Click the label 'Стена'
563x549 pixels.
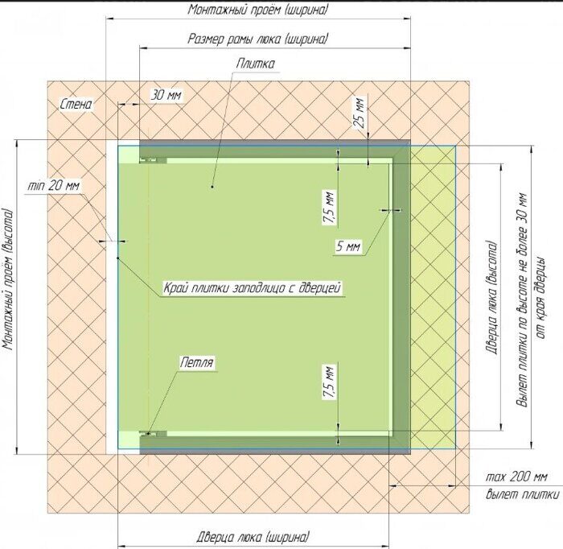click(76, 104)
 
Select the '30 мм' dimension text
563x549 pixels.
click(166, 95)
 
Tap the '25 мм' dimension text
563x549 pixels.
click(360, 113)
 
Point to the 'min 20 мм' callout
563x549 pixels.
click(54, 185)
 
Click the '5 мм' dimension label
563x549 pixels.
click(348, 246)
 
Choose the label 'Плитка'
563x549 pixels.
click(255, 64)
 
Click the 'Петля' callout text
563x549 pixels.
click(197, 362)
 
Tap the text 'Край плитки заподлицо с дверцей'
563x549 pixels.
click(253, 288)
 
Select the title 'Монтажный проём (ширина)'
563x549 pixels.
click(258, 10)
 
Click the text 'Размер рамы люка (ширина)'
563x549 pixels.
click(258, 39)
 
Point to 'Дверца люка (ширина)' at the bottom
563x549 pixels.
click(253, 538)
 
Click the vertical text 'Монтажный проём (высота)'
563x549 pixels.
click(9, 280)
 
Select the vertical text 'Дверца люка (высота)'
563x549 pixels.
click(492, 298)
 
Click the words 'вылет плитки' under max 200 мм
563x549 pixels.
click(523, 494)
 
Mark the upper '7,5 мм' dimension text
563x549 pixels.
click(330, 208)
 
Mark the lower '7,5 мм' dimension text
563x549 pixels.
click(330, 382)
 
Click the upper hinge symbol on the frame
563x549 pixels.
click(153, 160)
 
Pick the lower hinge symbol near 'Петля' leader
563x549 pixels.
click(153, 434)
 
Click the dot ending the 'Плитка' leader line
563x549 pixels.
click(212, 187)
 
